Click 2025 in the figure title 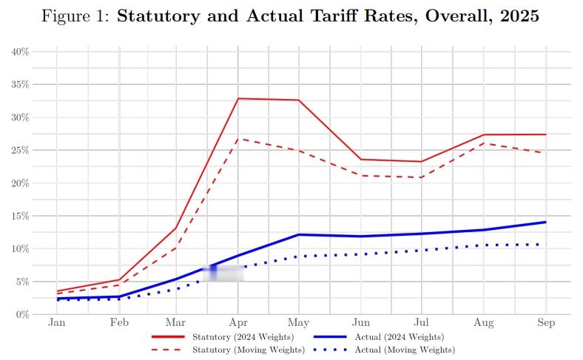coord(519,16)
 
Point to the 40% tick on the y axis coord(20,52)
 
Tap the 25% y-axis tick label coord(20,150)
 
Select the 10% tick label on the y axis coord(20,249)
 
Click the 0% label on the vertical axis coord(22,315)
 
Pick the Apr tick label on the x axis coord(238,323)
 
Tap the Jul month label coord(421,323)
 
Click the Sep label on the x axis coord(545,323)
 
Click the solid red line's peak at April coord(238,98)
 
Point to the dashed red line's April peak coord(238,138)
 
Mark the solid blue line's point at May coord(299,234)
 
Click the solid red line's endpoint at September coord(545,135)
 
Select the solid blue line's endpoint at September coord(545,222)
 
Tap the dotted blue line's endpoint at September coord(545,244)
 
